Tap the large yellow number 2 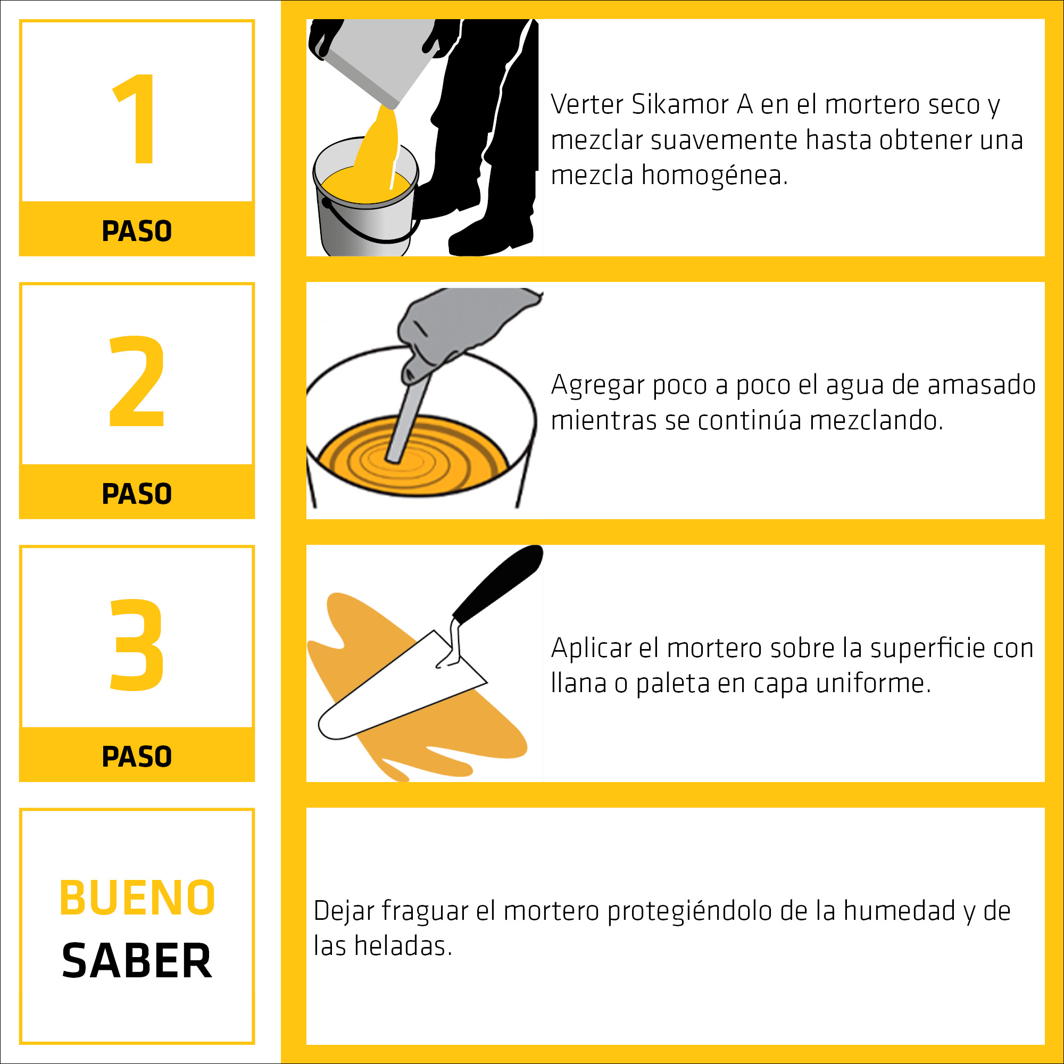pyautogui.click(x=137, y=381)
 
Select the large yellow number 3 pyautogui.click(x=137, y=644)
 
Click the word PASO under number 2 pyautogui.click(x=137, y=494)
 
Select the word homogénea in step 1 pyautogui.click(x=715, y=175)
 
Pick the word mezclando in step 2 pyautogui.click(x=876, y=420)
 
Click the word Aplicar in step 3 pyautogui.click(x=591, y=647)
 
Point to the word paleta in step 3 pyautogui.click(x=672, y=684)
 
